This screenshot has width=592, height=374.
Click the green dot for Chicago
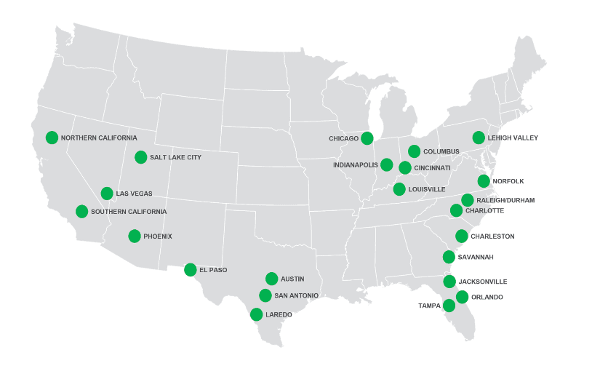367,138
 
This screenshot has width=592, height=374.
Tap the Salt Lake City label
175,157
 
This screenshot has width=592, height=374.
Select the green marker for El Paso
191,269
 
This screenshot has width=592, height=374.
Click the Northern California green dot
52,137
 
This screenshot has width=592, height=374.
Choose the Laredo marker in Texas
256,314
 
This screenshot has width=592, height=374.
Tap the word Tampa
429,306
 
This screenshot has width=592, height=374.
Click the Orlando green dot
462,297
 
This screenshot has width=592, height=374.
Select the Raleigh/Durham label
507,200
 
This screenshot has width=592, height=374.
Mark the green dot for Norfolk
484,181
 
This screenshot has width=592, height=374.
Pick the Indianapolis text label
355,165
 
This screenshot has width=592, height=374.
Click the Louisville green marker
399,189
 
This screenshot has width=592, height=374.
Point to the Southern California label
129,212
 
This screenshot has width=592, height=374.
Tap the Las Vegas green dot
107,193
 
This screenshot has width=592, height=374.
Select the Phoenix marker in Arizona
135,236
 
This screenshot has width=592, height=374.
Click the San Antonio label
296,295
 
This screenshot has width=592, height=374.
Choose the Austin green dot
272,278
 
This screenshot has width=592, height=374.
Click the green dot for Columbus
414,151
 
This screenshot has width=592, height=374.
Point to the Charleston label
492,236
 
